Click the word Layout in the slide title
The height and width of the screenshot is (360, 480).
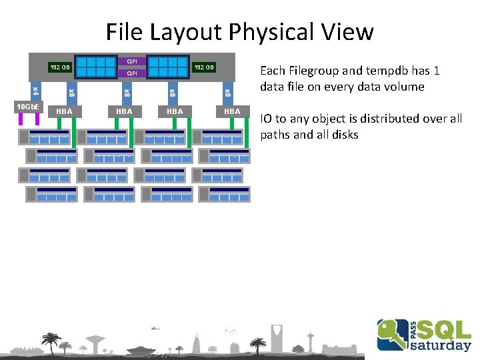tap(188, 31)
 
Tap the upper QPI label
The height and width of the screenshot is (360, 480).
tap(132, 61)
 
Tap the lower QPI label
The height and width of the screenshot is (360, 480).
tap(132, 73)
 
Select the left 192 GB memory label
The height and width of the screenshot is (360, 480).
tap(60, 67)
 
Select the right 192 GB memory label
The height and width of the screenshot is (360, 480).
tap(203, 67)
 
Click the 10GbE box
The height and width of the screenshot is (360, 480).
tap(29, 107)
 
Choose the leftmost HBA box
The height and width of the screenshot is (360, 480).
tap(65, 111)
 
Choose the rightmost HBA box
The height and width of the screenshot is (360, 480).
tap(232, 111)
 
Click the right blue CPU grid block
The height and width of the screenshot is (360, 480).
tap(169, 66)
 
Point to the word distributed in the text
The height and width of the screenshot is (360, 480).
tap(394, 119)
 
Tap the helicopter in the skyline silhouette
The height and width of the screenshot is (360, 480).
tap(155, 328)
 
